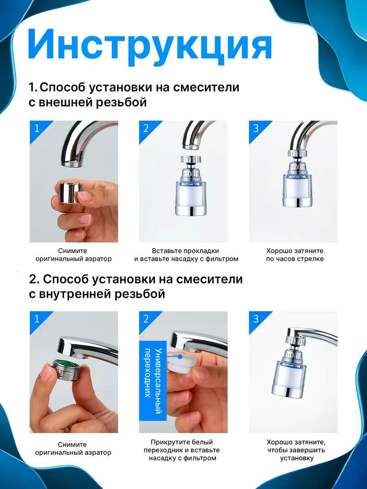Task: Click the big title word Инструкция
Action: pos(150,47)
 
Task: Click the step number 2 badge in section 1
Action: pos(146,128)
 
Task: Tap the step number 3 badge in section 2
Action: pos(255,319)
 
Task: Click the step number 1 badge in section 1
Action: pos(37,128)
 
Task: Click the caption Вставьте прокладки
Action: pos(186,251)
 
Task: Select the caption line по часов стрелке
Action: pos(294,259)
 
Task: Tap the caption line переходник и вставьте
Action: pos(181,450)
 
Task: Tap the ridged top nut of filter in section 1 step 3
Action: pos(298,153)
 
